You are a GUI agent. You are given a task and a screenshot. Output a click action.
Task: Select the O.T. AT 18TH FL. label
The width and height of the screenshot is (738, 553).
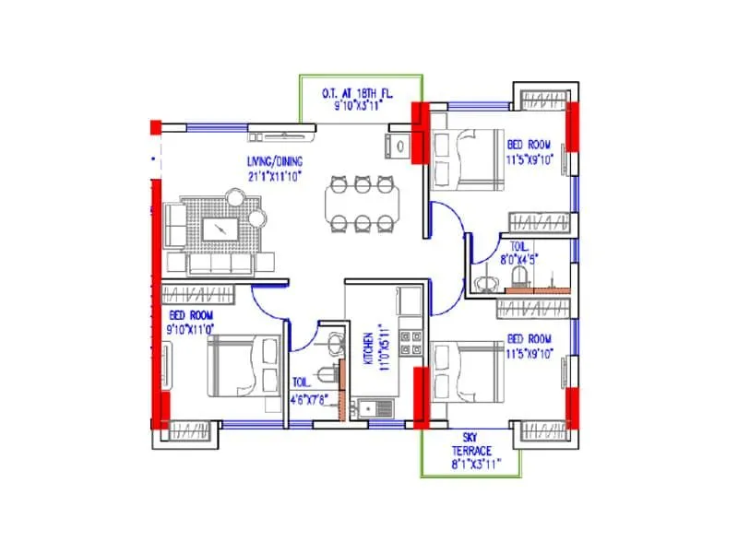click(361, 94)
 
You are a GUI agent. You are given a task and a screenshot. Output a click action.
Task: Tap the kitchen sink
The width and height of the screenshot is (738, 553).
click(374, 406)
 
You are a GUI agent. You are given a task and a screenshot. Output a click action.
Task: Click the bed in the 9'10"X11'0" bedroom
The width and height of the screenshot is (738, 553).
click(243, 365)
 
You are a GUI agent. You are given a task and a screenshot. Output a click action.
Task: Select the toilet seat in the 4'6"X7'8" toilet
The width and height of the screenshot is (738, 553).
click(322, 373)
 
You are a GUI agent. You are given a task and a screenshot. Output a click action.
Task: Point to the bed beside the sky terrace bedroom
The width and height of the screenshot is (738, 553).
click(466, 371)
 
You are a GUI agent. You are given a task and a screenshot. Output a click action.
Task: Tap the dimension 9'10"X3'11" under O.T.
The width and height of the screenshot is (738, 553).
click(361, 106)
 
